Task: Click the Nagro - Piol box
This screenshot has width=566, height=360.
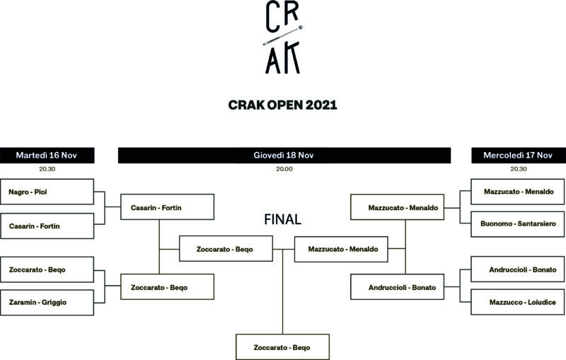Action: pyautogui.click(x=47, y=192)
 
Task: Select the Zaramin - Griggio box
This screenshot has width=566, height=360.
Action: pyautogui.click(x=47, y=302)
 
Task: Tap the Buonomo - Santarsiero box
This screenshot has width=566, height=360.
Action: pyautogui.click(x=519, y=223)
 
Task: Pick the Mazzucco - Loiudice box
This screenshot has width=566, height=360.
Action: pyautogui.click(x=519, y=302)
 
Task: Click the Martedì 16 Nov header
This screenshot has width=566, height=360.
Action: pyautogui.click(x=47, y=155)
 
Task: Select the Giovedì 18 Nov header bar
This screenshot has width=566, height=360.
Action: pyautogui.click(x=284, y=155)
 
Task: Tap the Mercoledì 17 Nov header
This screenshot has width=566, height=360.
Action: pyautogui.click(x=519, y=155)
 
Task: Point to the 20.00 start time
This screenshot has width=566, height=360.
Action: pyautogui.click(x=284, y=169)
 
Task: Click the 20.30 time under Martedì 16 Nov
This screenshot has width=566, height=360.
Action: pyautogui.click(x=47, y=169)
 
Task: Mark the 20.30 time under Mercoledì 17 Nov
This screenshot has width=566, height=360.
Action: pyautogui.click(x=519, y=169)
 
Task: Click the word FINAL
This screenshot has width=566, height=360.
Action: pyautogui.click(x=283, y=219)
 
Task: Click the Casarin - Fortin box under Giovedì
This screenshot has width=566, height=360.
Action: pyautogui.click(x=168, y=208)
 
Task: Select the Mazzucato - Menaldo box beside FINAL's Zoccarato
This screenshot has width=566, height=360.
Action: pyautogui.click(x=341, y=249)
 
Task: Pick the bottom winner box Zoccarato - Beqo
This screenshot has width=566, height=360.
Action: pyautogui.click(x=282, y=347)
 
